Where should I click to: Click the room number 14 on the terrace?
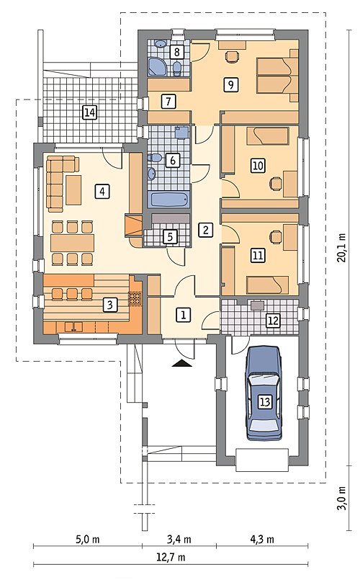click(90, 112)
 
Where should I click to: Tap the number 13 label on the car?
click(265, 402)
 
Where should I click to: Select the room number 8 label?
click(177, 52)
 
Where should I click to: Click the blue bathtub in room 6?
click(170, 200)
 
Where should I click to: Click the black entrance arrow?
click(181, 364)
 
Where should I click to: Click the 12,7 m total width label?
click(172, 557)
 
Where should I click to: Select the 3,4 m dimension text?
click(179, 540)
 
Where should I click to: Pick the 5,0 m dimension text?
click(88, 540)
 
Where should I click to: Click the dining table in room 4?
click(72, 243)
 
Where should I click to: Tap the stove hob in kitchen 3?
click(135, 298)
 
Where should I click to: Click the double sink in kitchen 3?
click(74, 326)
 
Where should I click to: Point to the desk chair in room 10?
click(275, 184)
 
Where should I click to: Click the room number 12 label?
click(273, 321)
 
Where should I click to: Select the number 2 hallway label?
click(205, 230)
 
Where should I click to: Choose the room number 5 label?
click(170, 237)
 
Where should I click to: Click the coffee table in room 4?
click(73, 189)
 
